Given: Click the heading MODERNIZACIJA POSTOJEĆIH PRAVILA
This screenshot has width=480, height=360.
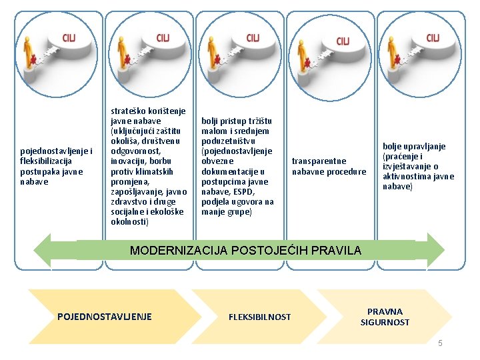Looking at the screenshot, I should coord(245,251).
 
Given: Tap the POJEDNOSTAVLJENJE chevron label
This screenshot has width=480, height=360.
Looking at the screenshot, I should coord(105,316).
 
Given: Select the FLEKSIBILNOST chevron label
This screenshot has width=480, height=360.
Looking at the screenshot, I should coord(259,317).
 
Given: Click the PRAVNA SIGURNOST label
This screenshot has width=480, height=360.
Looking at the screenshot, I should coord(385,317).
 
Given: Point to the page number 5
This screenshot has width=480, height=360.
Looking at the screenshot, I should coord(440,343).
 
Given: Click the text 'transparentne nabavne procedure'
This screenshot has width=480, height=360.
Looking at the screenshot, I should coord(329,166).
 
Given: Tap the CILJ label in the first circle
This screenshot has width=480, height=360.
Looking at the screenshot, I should coord(69,38).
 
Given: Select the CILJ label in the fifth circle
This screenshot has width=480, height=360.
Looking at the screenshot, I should coord(433,37).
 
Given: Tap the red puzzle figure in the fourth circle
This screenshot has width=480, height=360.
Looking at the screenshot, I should coord(307,64).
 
